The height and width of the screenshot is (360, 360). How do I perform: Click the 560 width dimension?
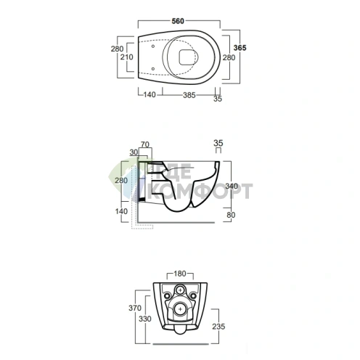click(x=178, y=21)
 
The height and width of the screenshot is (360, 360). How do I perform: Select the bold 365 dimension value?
click(x=240, y=48)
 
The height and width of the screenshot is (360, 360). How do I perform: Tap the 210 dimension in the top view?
click(x=127, y=57)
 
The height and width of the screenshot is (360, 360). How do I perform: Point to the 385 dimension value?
click(x=189, y=95)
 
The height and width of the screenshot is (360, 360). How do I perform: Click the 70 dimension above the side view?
click(x=145, y=144)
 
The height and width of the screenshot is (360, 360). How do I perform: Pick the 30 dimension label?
click(x=134, y=152)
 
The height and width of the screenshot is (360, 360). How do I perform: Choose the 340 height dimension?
click(x=232, y=186)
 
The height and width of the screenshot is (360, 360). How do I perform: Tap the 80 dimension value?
click(x=231, y=215)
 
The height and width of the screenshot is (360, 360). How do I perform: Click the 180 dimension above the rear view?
click(x=180, y=274)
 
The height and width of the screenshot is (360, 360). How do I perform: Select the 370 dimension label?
click(x=135, y=308)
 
